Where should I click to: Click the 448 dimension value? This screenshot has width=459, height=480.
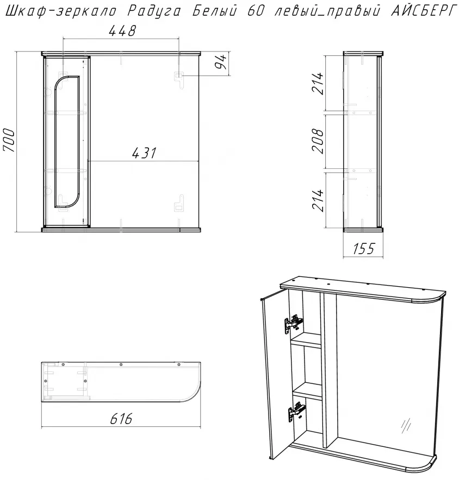click(122, 31)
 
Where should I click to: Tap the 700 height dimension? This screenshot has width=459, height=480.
click(9, 140)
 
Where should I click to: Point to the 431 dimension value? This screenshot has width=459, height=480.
click(145, 153)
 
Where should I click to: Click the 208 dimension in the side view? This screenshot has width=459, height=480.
click(318, 141)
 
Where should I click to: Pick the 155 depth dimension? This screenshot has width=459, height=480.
click(364, 249)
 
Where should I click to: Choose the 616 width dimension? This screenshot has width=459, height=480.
click(121, 419)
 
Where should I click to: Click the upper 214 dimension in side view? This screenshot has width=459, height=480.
click(318, 84)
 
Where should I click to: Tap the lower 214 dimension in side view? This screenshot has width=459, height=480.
click(318, 200)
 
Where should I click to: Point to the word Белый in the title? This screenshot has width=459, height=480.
click(215, 11)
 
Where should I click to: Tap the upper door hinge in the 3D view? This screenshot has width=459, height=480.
click(294, 323)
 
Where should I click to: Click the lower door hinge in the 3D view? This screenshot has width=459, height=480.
click(296, 412)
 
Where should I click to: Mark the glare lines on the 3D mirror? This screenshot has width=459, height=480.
click(405, 426)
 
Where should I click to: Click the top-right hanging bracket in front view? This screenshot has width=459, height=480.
click(178, 79)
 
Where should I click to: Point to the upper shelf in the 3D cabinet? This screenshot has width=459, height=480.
click(306, 340)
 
